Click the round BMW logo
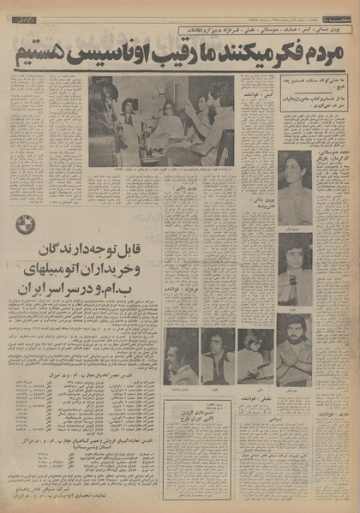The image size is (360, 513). click(x=27, y=226)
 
